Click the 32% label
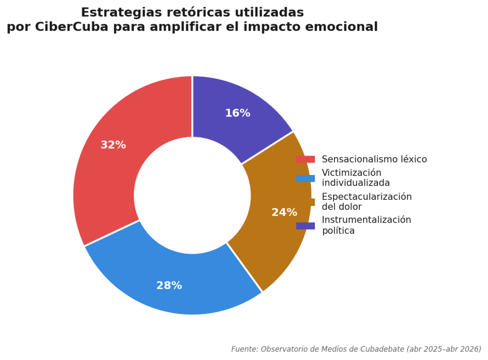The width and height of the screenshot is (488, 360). [113, 145]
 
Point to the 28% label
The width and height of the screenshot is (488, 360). [169, 286]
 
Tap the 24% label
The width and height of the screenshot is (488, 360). [284, 213]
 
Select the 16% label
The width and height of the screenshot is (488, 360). [237, 113]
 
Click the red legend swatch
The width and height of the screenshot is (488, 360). [305, 159]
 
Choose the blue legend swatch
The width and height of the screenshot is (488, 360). [305, 178]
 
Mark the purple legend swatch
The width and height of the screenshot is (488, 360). [305, 226]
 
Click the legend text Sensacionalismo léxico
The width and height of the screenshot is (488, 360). [374, 159]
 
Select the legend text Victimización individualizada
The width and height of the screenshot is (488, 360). [356, 178]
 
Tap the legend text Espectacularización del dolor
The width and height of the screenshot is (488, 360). [366, 202]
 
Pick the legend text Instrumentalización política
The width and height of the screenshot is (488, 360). [366, 225]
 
